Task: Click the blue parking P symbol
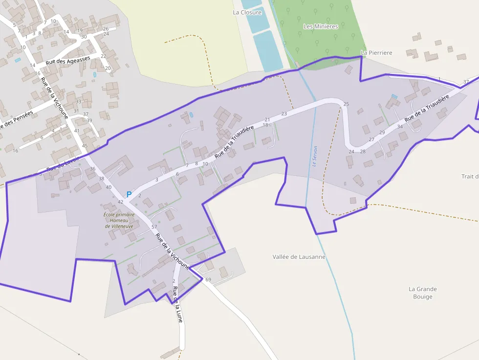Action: tap(129, 194)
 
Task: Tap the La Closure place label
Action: tap(247, 12)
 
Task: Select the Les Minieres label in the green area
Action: tap(321, 26)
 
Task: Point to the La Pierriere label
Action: tap(376, 53)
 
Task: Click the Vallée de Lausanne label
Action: tap(299, 256)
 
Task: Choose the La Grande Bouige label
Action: tap(423, 293)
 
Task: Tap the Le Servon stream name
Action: tap(315, 156)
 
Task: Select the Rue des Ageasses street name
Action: tap(68, 61)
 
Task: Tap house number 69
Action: tap(208, 279)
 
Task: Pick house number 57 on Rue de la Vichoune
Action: tap(154, 227)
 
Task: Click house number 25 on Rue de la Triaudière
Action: tap(347, 104)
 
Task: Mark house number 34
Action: tap(400, 127)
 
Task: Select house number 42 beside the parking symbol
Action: tap(120, 202)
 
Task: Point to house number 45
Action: tap(85, 146)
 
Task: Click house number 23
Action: tap(284, 114)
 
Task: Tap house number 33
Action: tap(78, 102)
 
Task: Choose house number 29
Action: tap(382, 132)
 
